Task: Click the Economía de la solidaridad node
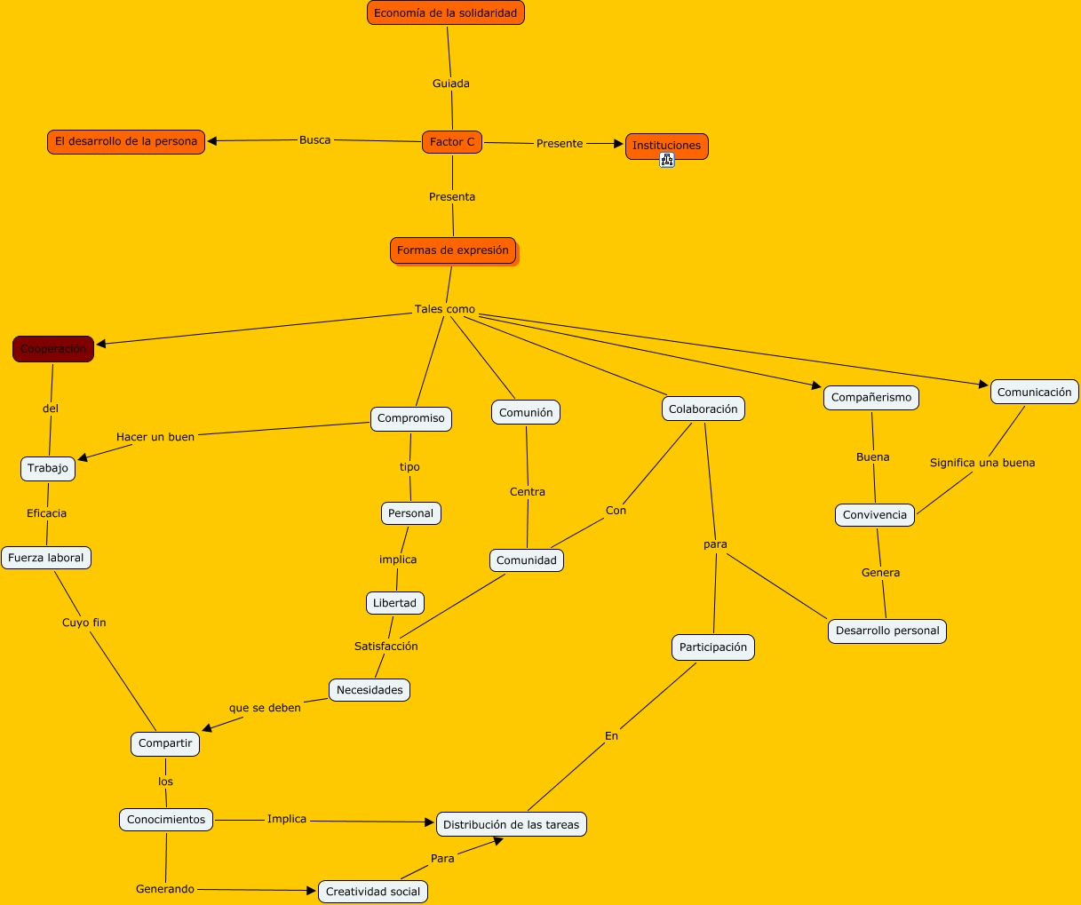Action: pyautogui.click(x=445, y=13)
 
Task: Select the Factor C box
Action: pyautogui.click(x=452, y=142)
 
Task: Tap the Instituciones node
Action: pyautogui.click(x=666, y=146)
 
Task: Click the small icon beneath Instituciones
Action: pyautogui.click(x=667, y=160)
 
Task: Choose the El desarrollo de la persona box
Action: pyautogui.click(x=126, y=141)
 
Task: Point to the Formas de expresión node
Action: pyautogui.click(x=453, y=250)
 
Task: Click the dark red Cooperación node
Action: pyautogui.click(x=53, y=349)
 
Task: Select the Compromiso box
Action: pyautogui.click(x=411, y=418)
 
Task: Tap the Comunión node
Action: pyautogui.click(x=526, y=412)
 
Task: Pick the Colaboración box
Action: pyautogui.click(x=703, y=409)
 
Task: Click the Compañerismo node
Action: pyautogui.click(x=871, y=397)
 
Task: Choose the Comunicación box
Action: pyautogui.click(x=1034, y=392)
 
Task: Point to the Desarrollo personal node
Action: pyautogui.click(x=887, y=631)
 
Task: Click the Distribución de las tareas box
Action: pyautogui.click(x=511, y=824)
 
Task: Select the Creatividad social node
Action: pyautogui.click(x=373, y=891)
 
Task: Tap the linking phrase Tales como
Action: pyautogui.click(x=445, y=309)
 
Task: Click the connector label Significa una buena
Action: pyautogui.click(x=982, y=463)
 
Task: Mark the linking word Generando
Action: pyautogui.click(x=165, y=888)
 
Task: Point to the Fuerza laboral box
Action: pyautogui.click(x=46, y=558)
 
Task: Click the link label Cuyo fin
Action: pyautogui.click(x=84, y=623)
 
